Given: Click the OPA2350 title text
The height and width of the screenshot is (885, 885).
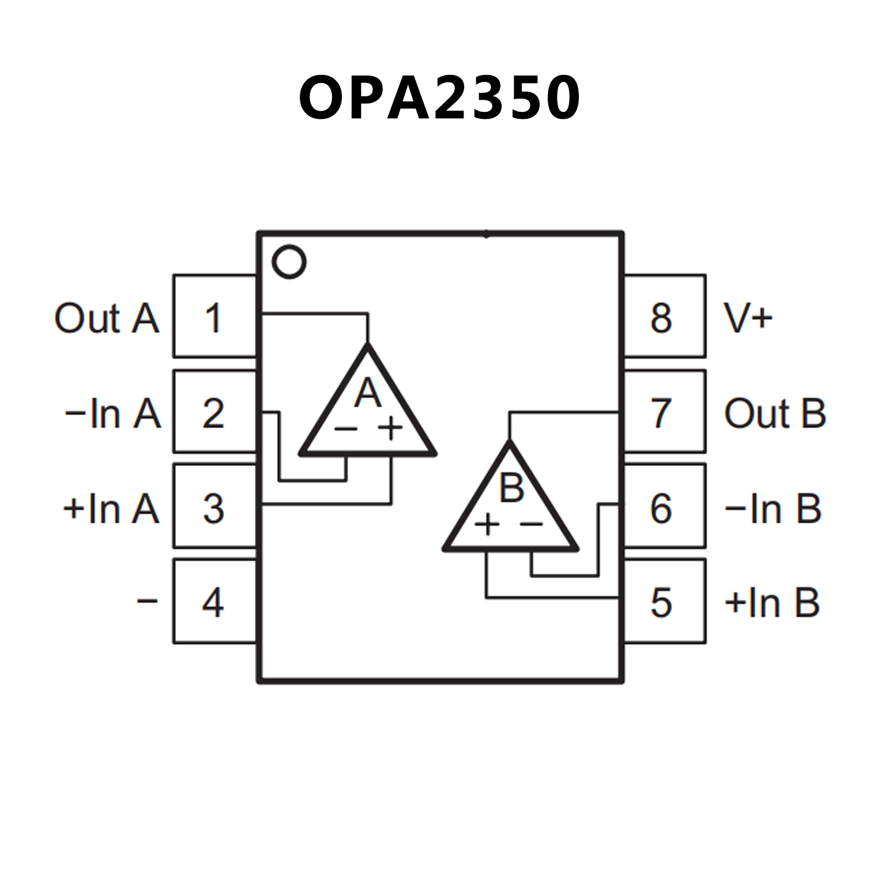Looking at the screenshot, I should [439, 98].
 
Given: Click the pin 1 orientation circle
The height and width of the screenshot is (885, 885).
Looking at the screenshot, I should [289, 262].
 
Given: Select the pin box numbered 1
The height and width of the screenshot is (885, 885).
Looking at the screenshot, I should [214, 317].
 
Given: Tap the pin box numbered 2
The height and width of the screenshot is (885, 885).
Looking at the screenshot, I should [214, 412].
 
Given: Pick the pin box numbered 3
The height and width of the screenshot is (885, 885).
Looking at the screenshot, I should [214, 507].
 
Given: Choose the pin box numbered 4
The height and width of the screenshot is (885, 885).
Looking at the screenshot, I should [214, 602].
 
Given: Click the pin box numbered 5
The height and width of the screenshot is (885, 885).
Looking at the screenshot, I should [664, 602].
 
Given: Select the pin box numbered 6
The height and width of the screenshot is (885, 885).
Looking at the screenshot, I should [664, 507].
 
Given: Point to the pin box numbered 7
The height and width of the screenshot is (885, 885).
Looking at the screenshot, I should [664, 412].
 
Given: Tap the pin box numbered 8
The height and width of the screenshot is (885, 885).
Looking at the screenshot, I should [664, 317].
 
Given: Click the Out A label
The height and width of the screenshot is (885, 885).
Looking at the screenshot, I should [107, 318].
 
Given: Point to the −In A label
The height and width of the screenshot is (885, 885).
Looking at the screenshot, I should [112, 413].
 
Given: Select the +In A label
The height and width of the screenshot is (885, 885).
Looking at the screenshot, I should [111, 509].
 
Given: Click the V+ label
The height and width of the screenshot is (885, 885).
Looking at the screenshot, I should [748, 318].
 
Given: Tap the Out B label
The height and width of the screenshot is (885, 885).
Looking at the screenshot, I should [775, 413].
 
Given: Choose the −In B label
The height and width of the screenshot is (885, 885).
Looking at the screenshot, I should [773, 509].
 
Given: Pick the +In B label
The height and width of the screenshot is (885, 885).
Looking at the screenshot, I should [772, 603].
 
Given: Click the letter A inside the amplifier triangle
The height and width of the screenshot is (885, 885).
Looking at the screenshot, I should [368, 393].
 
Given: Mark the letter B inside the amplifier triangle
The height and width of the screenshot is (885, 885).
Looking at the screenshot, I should [511, 488].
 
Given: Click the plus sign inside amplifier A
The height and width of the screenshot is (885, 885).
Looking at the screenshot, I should [390, 428].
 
